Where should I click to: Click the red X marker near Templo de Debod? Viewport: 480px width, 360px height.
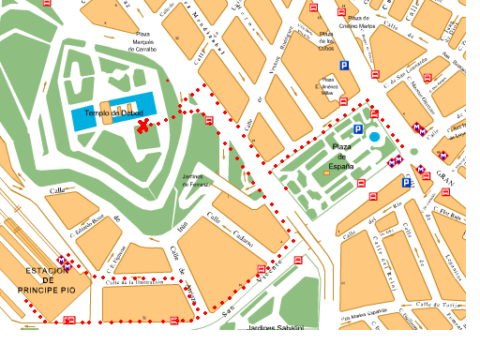pos(142,126)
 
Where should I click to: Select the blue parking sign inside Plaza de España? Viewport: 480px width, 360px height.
pos(357,129)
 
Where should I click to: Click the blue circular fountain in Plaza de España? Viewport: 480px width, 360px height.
pos(375,138)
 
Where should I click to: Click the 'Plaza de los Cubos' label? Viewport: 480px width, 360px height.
pos(327,40)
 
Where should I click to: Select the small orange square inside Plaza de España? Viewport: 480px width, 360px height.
pos(325,172)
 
